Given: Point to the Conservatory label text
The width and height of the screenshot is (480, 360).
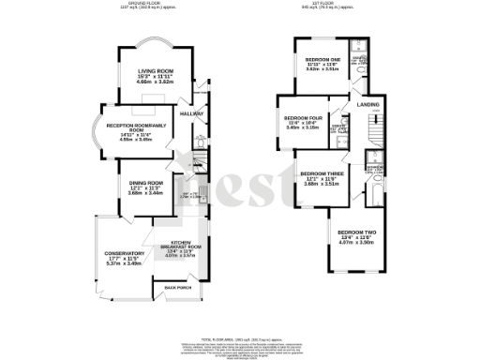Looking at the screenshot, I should pyautogui.click(x=125, y=253).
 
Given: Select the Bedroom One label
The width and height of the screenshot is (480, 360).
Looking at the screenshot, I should pyautogui.click(x=322, y=59).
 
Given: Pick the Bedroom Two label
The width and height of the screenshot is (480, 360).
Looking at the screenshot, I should pyautogui.click(x=356, y=232).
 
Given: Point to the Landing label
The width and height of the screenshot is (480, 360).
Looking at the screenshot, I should pyautogui.click(x=367, y=105).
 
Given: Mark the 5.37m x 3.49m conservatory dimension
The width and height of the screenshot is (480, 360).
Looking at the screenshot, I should pyautogui.click(x=125, y=264).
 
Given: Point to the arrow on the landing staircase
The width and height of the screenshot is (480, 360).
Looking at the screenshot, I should pyautogui.click(x=375, y=119).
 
